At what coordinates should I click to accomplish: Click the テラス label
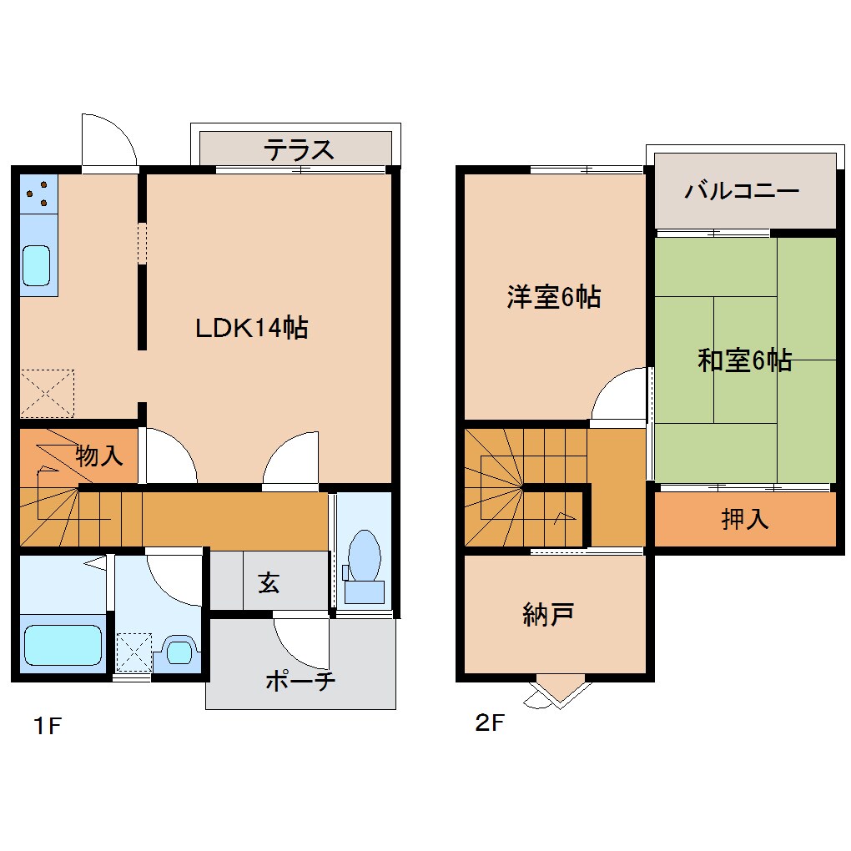pyautogui.click(x=299, y=150)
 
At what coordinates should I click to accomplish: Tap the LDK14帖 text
pyautogui.click(x=251, y=328)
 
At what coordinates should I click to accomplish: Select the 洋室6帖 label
pyautogui.click(x=553, y=297)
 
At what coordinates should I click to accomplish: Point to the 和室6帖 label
pyautogui.click(x=744, y=360)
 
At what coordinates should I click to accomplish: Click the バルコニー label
pyautogui.click(x=742, y=191)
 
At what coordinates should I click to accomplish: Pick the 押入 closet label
pyautogui.click(x=744, y=519)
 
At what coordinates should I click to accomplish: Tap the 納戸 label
pyautogui.click(x=547, y=616)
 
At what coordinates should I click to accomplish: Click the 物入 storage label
pyautogui.click(x=99, y=456)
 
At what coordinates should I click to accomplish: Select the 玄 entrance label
pyautogui.click(x=268, y=582)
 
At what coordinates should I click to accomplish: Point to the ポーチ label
pyautogui.click(x=300, y=681)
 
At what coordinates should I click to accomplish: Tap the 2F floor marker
pyautogui.click(x=490, y=723)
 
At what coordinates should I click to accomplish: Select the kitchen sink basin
pyautogui.click(x=37, y=265)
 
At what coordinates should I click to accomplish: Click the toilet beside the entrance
pyautogui.click(x=364, y=563)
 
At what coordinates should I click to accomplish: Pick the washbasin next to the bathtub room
pyautogui.click(x=178, y=650)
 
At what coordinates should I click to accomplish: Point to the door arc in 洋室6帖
pyautogui.click(x=622, y=395)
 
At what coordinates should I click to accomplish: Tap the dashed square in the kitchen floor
pyautogui.click(x=48, y=392)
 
